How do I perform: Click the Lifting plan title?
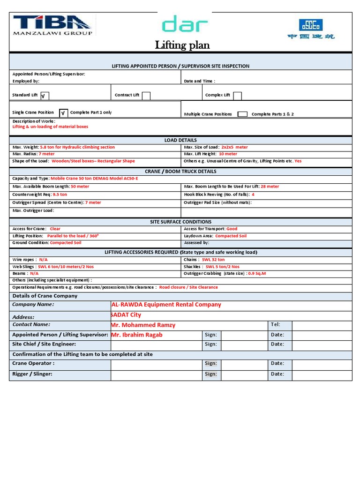182,45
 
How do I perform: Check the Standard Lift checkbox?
44,96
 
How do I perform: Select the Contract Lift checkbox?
146,96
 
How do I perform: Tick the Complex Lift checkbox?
237,96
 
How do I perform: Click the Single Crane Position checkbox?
63,113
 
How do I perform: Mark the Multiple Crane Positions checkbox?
242,114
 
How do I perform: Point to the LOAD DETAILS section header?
180,140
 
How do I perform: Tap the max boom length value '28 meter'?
270,187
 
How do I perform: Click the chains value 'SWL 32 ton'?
213,260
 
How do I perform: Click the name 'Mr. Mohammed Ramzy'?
143,325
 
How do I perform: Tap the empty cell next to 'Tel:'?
322,325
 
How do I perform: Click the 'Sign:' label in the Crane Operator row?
210,363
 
